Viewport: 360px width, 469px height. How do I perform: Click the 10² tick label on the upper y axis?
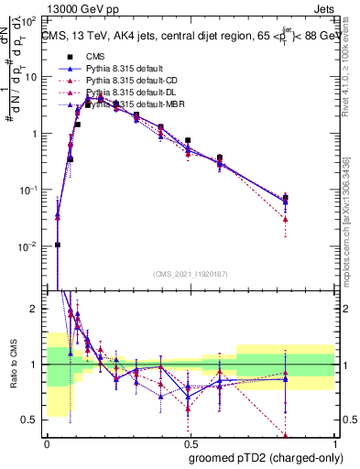(x=30, y=19)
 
